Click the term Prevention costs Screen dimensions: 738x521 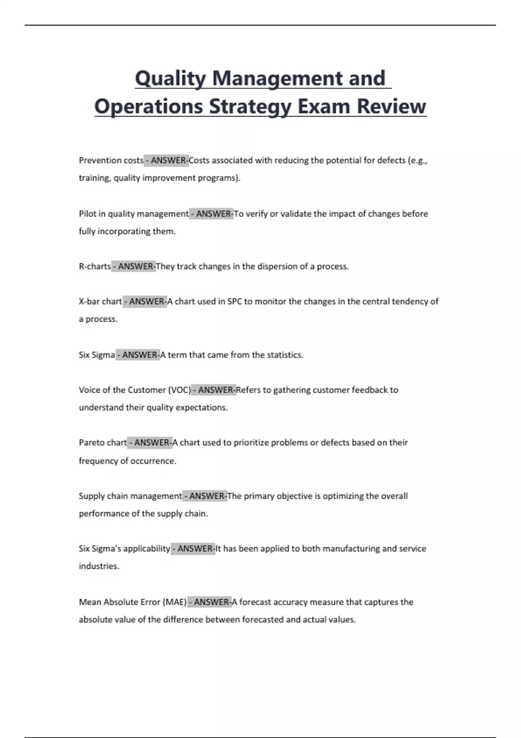[111, 161]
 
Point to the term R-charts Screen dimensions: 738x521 [95, 267]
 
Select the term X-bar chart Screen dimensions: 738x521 [100, 302]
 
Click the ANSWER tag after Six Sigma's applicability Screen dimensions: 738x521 [193, 549]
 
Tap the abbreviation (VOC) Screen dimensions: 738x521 [179, 390]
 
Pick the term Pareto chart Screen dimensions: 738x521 [102, 443]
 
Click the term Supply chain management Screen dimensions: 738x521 [130, 496]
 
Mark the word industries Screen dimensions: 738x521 [99, 567]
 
